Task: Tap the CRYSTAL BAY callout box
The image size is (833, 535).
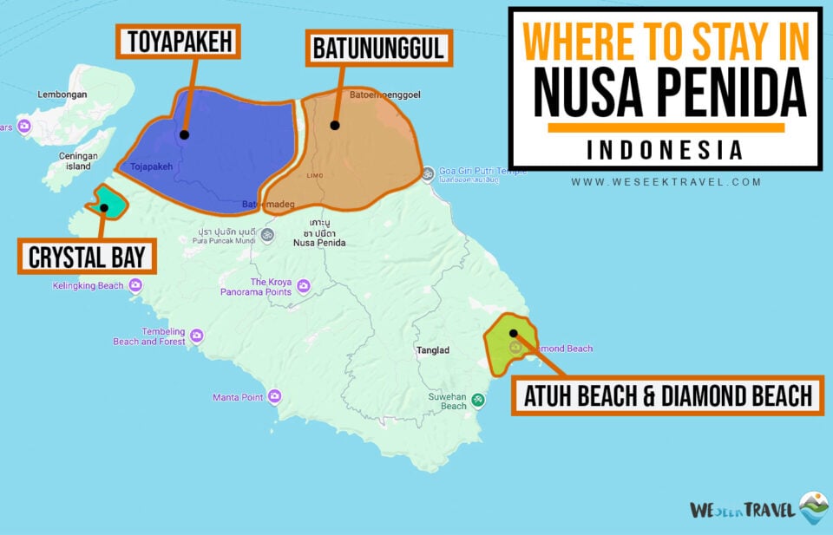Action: [87, 257]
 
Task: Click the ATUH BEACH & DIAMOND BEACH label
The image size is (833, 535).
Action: [666, 396]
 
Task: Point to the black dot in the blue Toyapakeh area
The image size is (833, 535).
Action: [184, 134]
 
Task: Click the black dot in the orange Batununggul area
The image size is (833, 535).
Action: [335, 125]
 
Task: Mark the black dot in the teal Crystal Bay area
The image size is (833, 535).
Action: [104, 207]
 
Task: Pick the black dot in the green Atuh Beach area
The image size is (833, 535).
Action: [514, 333]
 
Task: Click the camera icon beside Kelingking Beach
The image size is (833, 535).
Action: [135, 285]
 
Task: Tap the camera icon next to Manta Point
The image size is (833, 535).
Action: [274, 397]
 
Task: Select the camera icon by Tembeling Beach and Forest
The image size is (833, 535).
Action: [197, 336]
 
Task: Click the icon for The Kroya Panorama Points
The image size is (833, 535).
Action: [303, 286]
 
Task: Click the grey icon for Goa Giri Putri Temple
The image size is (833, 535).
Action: [427, 174]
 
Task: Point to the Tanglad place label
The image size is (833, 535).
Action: [432, 350]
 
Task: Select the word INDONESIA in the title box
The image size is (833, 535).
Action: [665, 150]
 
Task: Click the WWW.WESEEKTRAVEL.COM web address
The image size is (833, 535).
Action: [666, 182]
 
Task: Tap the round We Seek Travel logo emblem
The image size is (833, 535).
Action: [814, 508]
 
